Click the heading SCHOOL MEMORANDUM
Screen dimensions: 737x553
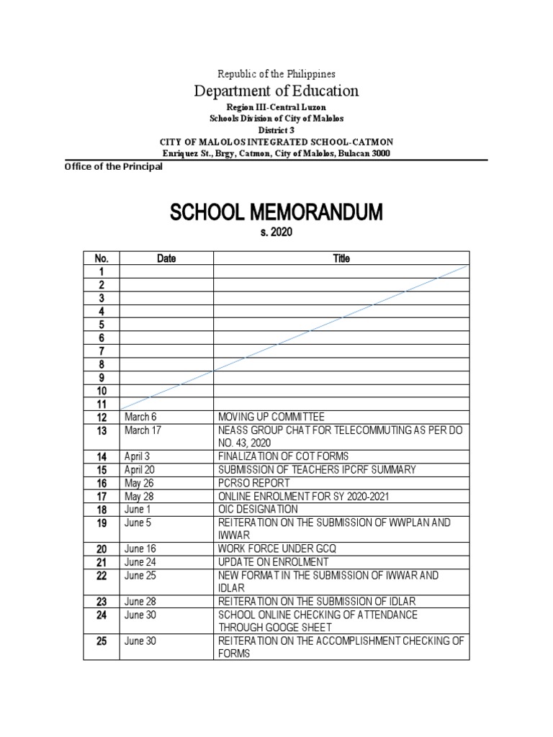click(276, 213)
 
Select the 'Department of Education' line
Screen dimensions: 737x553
click(276, 91)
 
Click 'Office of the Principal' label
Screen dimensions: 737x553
click(113, 167)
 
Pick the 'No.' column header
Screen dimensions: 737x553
click(101, 258)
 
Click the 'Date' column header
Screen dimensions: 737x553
click(166, 258)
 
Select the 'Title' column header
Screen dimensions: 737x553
click(341, 258)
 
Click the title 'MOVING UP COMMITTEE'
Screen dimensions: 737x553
click(271, 417)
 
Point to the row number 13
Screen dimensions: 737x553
click(101, 431)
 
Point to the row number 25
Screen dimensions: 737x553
click(101, 641)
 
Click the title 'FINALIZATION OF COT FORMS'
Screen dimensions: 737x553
click(283, 456)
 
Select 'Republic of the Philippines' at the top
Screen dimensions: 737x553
click(276, 73)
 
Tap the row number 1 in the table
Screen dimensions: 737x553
click(101, 271)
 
